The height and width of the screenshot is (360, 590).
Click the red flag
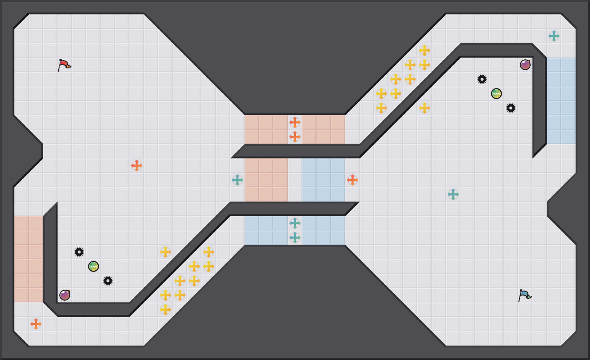[64, 65]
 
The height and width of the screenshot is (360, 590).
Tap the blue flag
[525, 296]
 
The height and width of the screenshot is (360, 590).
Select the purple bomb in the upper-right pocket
[525, 65]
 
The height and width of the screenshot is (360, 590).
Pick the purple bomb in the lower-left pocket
[65, 295]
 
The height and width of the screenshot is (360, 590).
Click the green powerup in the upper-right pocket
[496, 94]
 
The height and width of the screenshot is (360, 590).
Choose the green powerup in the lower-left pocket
[94, 266]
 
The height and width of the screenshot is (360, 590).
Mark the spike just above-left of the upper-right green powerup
[482, 79]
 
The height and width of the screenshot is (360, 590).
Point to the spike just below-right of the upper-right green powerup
[511, 108]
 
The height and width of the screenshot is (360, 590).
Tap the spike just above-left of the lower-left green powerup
[79, 252]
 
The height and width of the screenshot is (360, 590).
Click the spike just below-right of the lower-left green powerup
[108, 281]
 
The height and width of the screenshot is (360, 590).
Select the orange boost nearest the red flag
[137, 166]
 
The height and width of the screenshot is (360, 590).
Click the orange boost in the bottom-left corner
[36, 324]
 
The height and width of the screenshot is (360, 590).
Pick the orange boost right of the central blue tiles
[353, 180]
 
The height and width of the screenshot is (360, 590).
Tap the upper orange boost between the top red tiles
[295, 122]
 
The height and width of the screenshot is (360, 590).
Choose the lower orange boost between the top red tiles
[295, 137]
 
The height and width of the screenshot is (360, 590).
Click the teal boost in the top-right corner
[554, 36]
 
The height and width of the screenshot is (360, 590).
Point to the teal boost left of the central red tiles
[237, 180]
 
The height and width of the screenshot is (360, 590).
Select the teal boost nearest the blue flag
[453, 194]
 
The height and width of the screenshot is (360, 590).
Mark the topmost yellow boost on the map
[425, 50]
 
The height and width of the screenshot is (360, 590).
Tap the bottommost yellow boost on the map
[165, 310]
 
